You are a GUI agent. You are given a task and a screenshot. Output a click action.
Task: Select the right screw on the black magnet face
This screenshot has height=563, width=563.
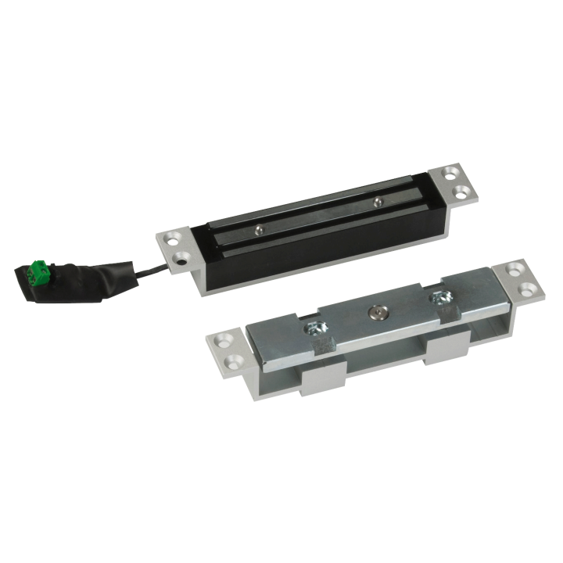coord(378,202)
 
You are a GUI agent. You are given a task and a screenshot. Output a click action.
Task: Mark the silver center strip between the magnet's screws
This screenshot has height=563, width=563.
coord(321,216)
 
